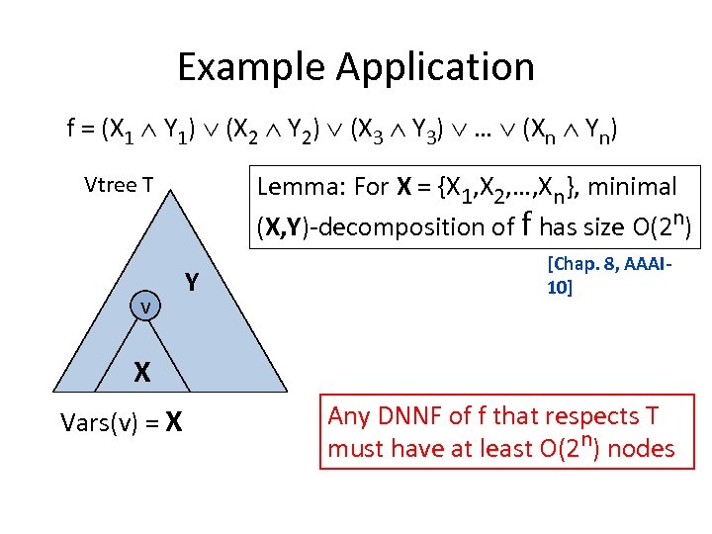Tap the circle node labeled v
coord(144,307)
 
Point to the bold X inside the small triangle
coord(142,372)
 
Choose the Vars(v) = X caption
coord(121,422)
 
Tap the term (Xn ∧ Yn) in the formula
coord(561,129)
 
